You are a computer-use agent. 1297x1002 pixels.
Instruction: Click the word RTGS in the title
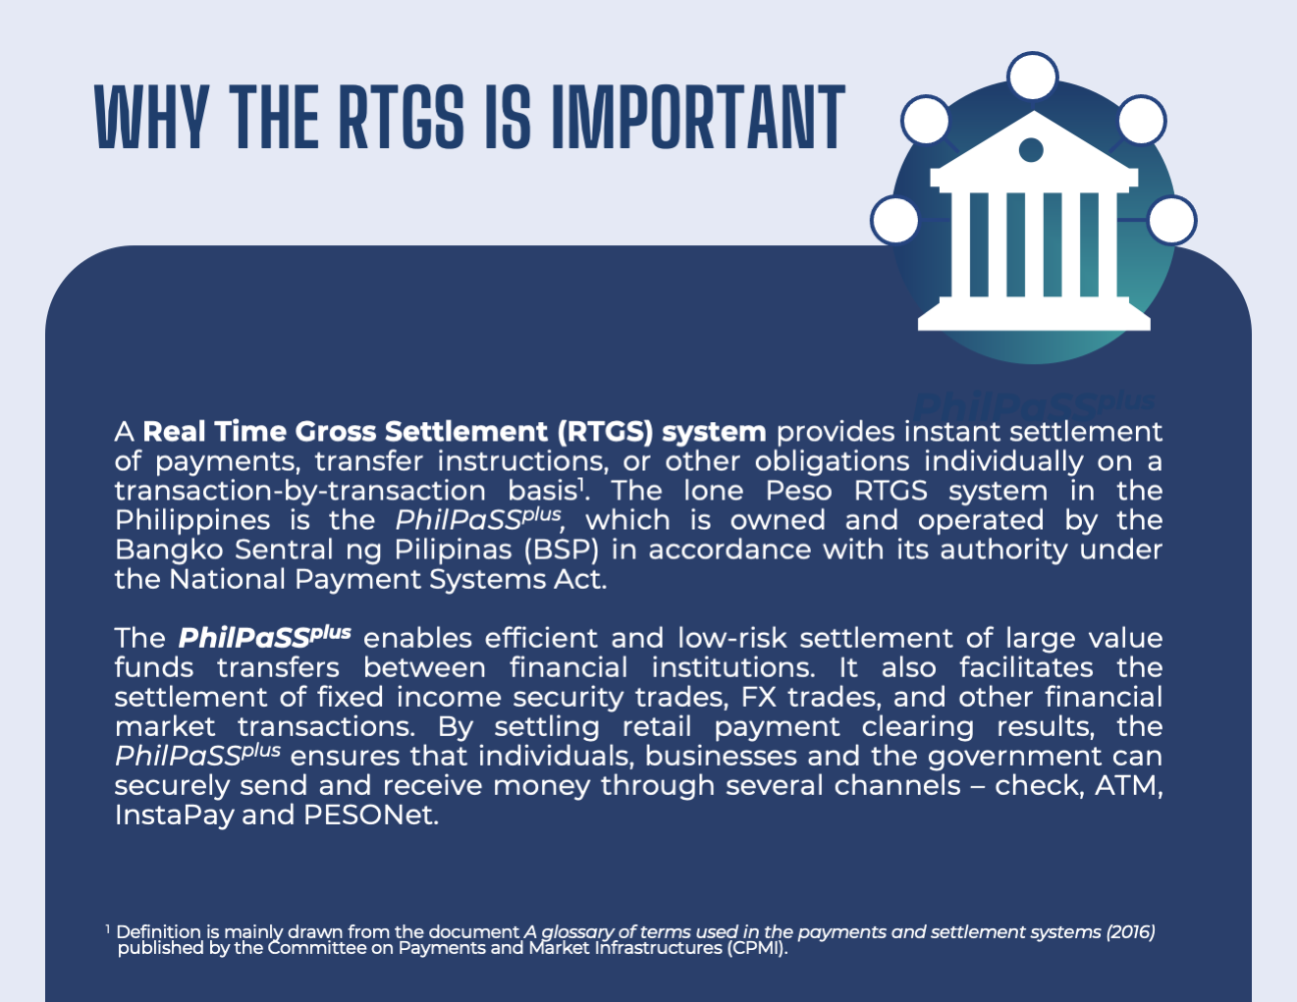click(x=402, y=116)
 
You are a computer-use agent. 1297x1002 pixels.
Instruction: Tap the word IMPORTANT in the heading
click(x=698, y=116)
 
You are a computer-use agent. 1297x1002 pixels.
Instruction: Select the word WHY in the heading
click(x=152, y=116)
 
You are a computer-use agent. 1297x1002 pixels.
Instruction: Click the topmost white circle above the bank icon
click(x=1032, y=77)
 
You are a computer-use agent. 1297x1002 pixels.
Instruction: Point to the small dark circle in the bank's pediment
click(x=1031, y=150)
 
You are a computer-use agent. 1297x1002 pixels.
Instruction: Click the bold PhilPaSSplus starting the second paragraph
click(x=264, y=637)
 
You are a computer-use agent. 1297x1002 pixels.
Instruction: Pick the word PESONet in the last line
click(x=371, y=816)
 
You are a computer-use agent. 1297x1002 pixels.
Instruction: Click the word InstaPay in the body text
click(x=175, y=816)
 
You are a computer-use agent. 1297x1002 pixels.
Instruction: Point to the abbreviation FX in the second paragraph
click(x=759, y=697)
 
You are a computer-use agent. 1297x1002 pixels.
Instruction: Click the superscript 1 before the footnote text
click(x=108, y=928)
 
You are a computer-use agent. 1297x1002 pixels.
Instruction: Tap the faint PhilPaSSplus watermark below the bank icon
click(x=1034, y=405)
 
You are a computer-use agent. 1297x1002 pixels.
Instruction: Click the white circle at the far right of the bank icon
click(x=1171, y=220)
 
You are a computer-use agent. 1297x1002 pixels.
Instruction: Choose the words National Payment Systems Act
click(x=388, y=580)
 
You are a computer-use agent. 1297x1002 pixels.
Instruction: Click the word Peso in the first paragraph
click(x=798, y=491)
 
